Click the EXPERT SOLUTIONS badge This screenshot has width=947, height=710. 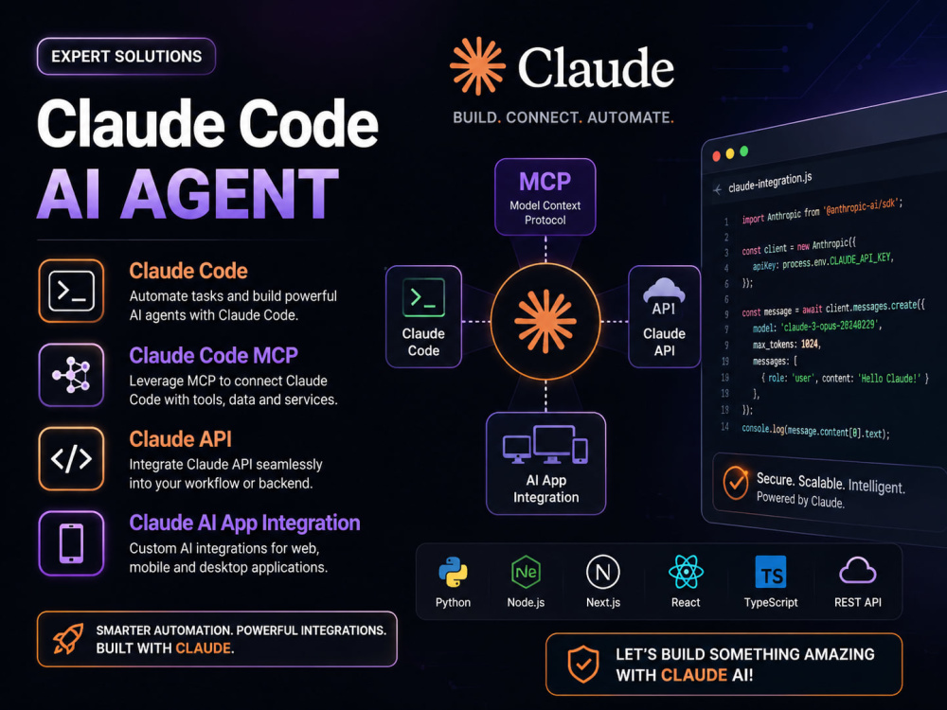[126, 56]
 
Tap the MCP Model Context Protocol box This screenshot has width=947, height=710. [545, 197]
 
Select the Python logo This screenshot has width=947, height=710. [453, 572]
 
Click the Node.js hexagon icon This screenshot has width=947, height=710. [526, 572]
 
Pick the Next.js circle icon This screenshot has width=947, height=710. [602, 572]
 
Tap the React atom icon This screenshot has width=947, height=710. [686, 572]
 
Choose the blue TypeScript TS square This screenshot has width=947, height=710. [771, 572]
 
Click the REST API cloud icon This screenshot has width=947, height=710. [858, 571]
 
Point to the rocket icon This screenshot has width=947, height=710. [67, 639]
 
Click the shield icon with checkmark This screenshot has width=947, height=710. [582, 665]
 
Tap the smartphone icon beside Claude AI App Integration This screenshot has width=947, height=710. [71, 543]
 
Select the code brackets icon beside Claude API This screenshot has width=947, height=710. [71, 459]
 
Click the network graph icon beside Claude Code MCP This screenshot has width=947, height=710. [71, 375]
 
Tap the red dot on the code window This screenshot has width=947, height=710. [716, 156]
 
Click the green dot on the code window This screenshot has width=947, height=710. [744, 151]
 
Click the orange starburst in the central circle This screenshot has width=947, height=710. [545, 321]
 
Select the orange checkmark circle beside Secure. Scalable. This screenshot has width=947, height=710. [736, 483]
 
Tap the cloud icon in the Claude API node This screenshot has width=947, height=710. [664, 290]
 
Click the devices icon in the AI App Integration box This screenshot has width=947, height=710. [545, 444]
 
